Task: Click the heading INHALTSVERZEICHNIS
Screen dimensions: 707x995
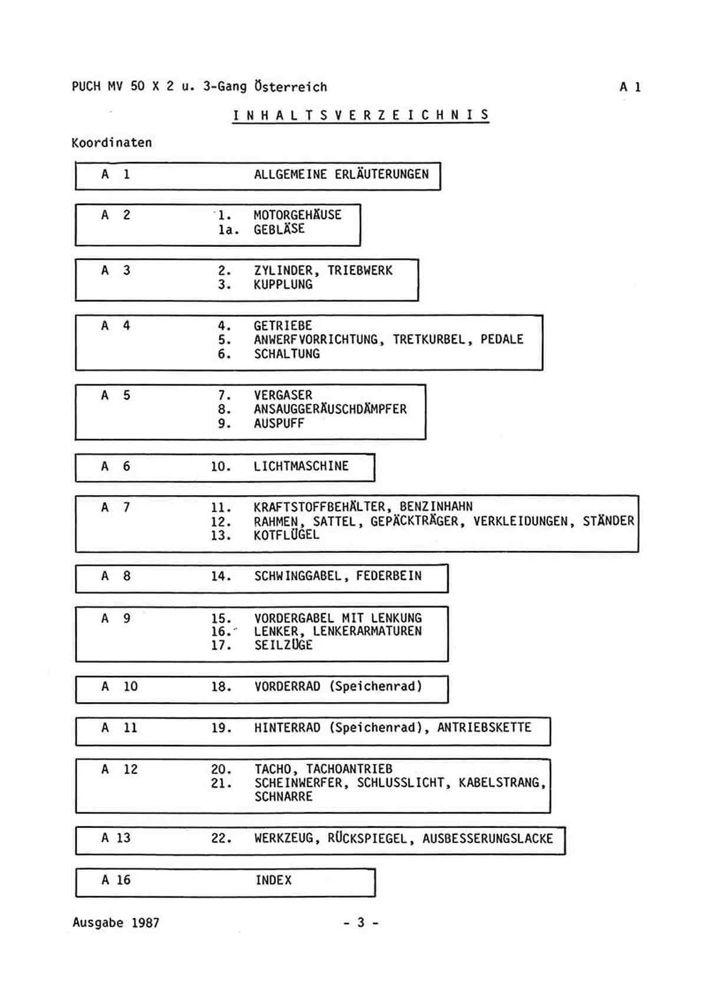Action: click(361, 115)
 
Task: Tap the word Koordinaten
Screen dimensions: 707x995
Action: click(111, 143)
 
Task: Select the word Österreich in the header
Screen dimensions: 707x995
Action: click(290, 86)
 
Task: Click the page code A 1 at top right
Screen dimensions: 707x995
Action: click(630, 87)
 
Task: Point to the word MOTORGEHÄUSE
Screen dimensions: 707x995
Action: click(298, 215)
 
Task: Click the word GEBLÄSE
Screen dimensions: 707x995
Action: click(279, 229)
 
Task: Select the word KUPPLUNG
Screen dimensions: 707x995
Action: click(283, 284)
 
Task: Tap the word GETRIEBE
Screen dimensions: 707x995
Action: click(283, 325)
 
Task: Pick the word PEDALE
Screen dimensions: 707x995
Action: click(502, 340)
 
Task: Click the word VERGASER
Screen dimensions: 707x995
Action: click(283, 395)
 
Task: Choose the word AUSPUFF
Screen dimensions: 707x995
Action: click(279, 423)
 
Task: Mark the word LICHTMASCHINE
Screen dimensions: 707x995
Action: click(301, 466)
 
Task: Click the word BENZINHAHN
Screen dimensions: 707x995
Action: click(436, 506)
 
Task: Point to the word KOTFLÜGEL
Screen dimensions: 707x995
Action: click(286, 535)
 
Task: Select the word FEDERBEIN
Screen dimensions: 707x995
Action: click(389, 576)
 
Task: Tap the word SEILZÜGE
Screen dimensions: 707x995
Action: click(283, 644)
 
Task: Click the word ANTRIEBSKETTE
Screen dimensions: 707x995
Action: click(484, 727)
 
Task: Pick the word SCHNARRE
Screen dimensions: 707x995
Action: click(283, 796)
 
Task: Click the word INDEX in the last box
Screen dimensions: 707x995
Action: click(273, 880)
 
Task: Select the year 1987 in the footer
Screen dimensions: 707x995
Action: click(145, 922)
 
